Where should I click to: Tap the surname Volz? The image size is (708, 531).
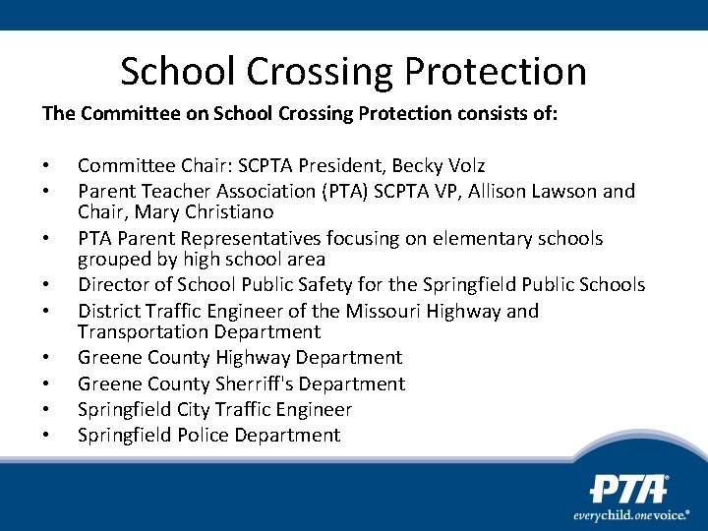465,165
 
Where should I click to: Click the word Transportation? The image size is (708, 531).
144,332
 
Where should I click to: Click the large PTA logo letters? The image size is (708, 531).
628,490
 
